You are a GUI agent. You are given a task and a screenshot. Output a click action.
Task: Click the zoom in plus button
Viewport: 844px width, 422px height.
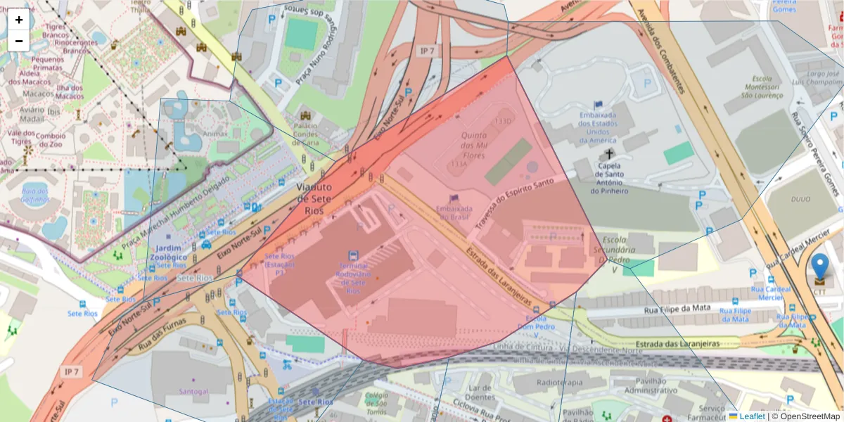tap(19, 20)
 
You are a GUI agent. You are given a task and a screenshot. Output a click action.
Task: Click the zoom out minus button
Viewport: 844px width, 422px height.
tap(19, 41)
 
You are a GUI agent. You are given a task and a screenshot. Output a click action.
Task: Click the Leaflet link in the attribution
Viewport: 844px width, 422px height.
tap(752, 416)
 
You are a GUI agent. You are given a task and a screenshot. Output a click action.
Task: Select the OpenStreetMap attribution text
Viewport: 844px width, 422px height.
tap(810, 416)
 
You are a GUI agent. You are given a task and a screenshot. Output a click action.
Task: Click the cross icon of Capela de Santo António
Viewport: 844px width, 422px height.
tap(608, 153)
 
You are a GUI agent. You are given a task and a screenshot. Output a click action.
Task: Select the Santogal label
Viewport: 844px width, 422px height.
tap(194, 390)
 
